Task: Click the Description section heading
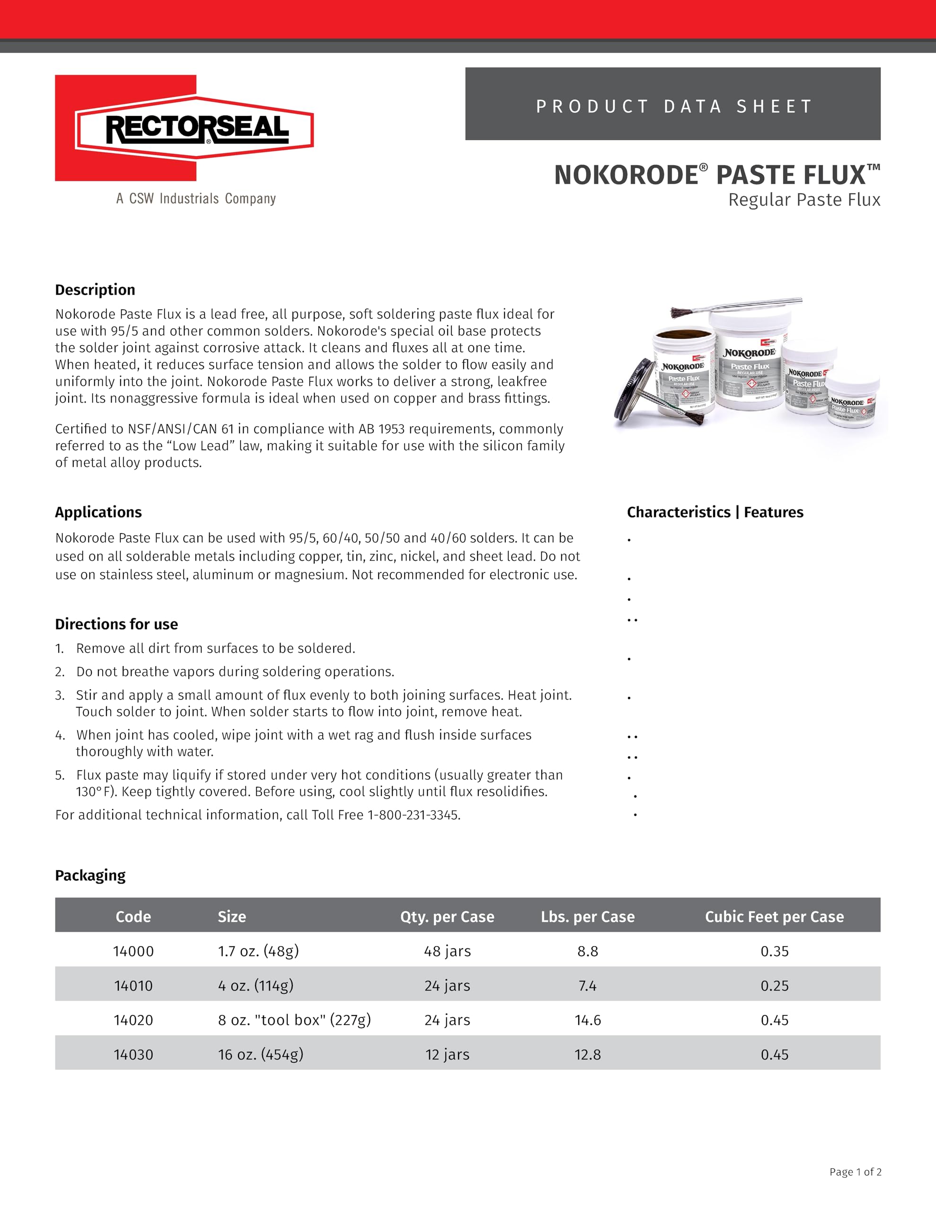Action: click(x=95, y=290)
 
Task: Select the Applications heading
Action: click(x=98, y=512)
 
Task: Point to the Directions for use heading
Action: click(x=116, y=624)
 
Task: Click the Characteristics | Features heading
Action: click(x=715, y=512)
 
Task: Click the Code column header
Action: click(x=133, y=916)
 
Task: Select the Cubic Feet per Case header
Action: click(x=774, y=916)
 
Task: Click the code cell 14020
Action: click(x=133, y=1019)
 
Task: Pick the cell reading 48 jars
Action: click(x=447, y=951)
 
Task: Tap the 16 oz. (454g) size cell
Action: click(x=260, y=1054)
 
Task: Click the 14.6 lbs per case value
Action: click(x=588, y=1019)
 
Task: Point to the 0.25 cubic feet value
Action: click(x=774, y=985)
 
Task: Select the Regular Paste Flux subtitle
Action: click(x=804, y=200)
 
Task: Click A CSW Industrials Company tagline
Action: click(x=196, y=199)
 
